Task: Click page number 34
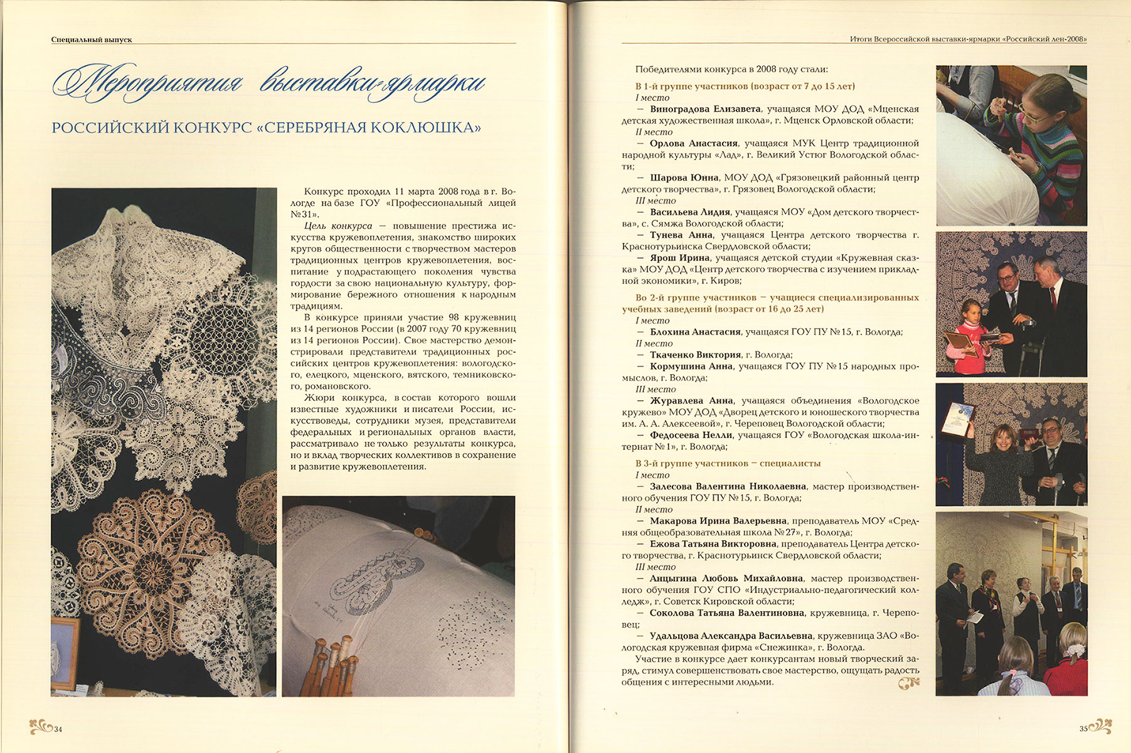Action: tap(58, 729)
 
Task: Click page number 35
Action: tap(1083, 729)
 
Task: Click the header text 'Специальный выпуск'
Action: tap(92, 39)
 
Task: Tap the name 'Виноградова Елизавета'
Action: tap(705, 109)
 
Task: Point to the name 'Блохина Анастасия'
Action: tap(694, 332)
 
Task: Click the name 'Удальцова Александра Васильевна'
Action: tap(731, 636)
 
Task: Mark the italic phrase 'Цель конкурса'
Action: tap(338, 226)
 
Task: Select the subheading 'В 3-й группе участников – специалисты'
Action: tap(728, 463)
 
